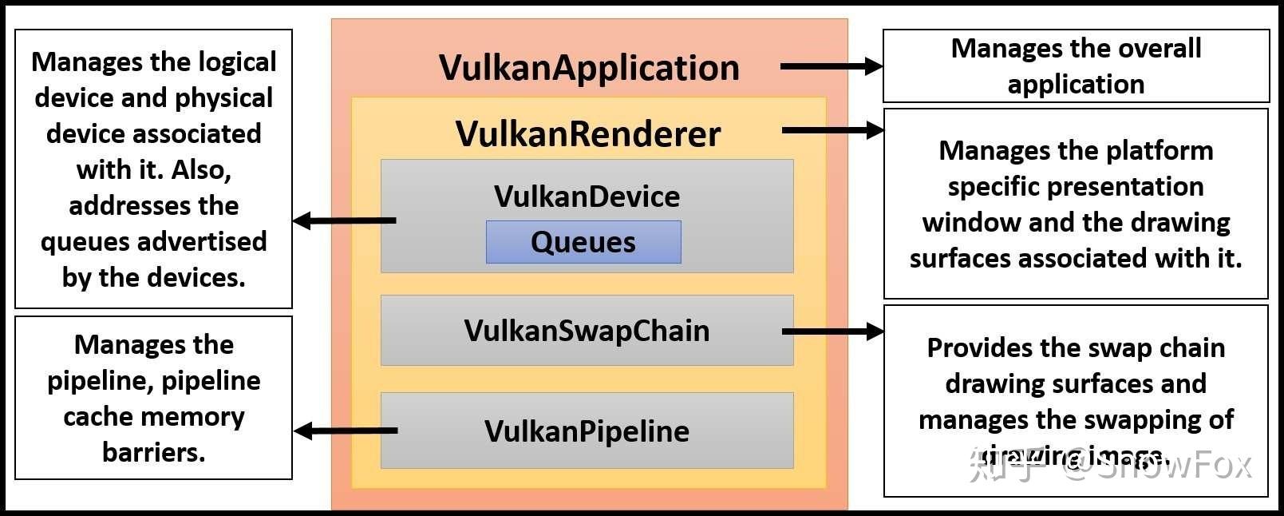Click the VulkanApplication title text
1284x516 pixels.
pos(589,68)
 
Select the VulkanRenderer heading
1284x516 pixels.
pos(588,133)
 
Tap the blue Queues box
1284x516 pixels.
pos(583,242)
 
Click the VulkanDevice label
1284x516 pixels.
pos(587,196)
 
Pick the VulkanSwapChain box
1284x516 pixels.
pos(587,331)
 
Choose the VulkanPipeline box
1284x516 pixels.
pos(587,431)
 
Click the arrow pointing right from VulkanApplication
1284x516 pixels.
pos(830,67)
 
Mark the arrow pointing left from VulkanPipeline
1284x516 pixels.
pos(345,431)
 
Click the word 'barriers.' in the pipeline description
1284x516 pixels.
pos(154,452)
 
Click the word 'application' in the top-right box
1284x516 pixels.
pos(1076,84)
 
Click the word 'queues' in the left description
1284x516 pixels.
pos(77,241)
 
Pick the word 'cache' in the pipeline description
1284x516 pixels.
pos(97,416)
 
